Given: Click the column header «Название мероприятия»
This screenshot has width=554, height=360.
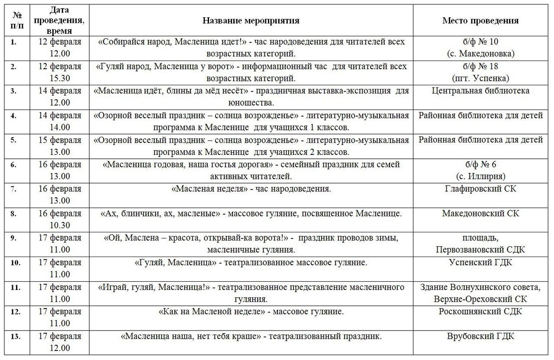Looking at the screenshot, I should pyautogui.click(x=251, y=20).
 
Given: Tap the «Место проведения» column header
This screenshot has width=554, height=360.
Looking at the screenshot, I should pyautogui.click(x=480, y=20).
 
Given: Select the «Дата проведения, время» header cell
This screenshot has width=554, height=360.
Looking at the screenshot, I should pyautogui.click(x=65, y=20).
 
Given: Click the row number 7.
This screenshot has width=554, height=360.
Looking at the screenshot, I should pyautogui.click(x=14, y=189).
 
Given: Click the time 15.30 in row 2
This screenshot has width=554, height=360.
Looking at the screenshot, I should pyautogui.click(x=59, y=78).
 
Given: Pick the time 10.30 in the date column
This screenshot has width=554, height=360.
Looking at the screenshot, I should pyautogui.click(x=59, y=225).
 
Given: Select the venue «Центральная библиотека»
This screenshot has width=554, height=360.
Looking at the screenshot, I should pyautogui.click(x=480, y=91).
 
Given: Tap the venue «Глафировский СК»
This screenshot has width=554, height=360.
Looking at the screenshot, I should pyautogui.click(x=480, y=189).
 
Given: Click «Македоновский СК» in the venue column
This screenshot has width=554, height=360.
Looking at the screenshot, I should pyautogui.click(x=480, y=214).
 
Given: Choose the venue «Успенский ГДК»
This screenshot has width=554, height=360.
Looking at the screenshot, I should pyautogui.click(x=480, y=263).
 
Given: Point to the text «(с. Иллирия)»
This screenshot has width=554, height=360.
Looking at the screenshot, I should pyautogui.click(x=480, y=177).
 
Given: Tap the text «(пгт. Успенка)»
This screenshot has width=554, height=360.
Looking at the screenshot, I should pyautogui.click(x=480, y=78).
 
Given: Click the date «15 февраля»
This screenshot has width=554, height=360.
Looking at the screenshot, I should pyautogui.click(x=65, y=140).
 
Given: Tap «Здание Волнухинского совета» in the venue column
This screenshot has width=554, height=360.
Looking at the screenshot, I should pyautogui.click(x=480, y=287).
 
